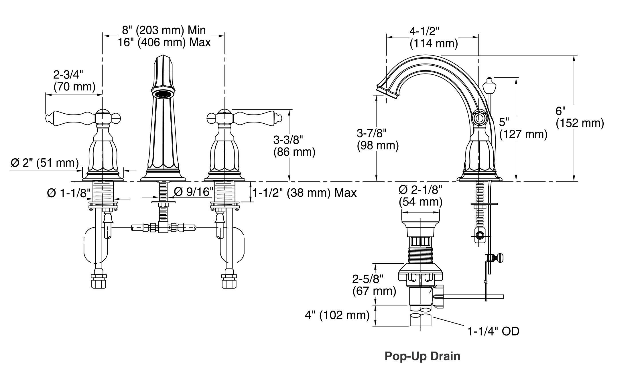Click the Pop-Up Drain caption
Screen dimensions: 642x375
coord(422,356)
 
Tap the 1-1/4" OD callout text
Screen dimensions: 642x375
coord(493,331)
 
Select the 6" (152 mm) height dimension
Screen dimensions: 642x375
coord(580,117)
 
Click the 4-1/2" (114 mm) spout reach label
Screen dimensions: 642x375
coord(434,37)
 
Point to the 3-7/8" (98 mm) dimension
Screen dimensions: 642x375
coord(378,139)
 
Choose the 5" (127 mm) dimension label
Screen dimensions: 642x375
coord(523,128)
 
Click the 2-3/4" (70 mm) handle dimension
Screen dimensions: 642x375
coord(74,80)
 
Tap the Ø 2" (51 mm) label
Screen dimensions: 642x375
coord(45,163)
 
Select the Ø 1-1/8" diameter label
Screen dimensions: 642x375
coord(69,193)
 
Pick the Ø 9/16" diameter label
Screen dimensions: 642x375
coord(194,192)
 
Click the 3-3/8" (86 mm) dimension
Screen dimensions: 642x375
coord(294,146)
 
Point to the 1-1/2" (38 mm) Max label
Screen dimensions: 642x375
coord(304,193)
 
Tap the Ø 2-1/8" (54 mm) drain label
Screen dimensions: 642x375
coord(420,196)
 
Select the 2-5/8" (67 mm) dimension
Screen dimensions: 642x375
coord(374,285)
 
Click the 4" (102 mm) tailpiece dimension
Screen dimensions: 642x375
coord(337,315)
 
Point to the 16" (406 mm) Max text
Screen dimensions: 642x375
coord(164,42)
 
